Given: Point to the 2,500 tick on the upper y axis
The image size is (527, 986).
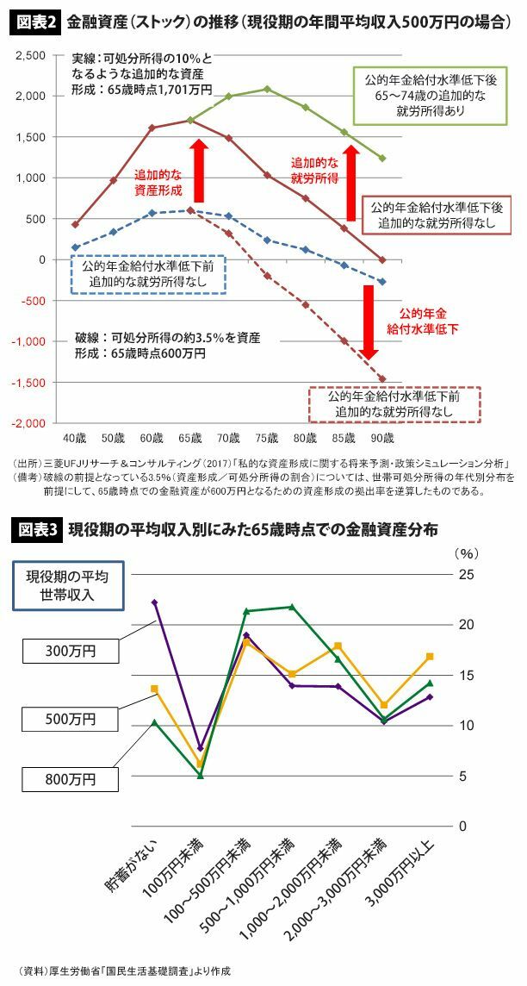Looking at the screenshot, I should pos(32,55).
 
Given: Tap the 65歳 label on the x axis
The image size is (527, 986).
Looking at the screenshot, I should pos(190,439).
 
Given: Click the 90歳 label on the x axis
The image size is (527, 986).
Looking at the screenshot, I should pos(382,439).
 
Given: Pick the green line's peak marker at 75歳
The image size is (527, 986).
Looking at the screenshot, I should pos(267,89).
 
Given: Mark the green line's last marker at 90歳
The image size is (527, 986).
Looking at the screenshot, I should pos(382,159).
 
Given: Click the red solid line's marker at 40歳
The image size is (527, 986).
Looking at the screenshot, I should pos(75,224).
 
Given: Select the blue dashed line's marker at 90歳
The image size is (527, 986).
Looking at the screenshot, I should pos(382,282).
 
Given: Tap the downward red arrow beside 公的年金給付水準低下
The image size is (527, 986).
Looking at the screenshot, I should pos(369,321).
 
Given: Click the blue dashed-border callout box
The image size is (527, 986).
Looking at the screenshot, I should pos(147,275).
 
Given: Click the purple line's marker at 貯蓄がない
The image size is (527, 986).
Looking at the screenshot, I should pos(154,602).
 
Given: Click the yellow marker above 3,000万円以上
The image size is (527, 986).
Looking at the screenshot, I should pos(430,657).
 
